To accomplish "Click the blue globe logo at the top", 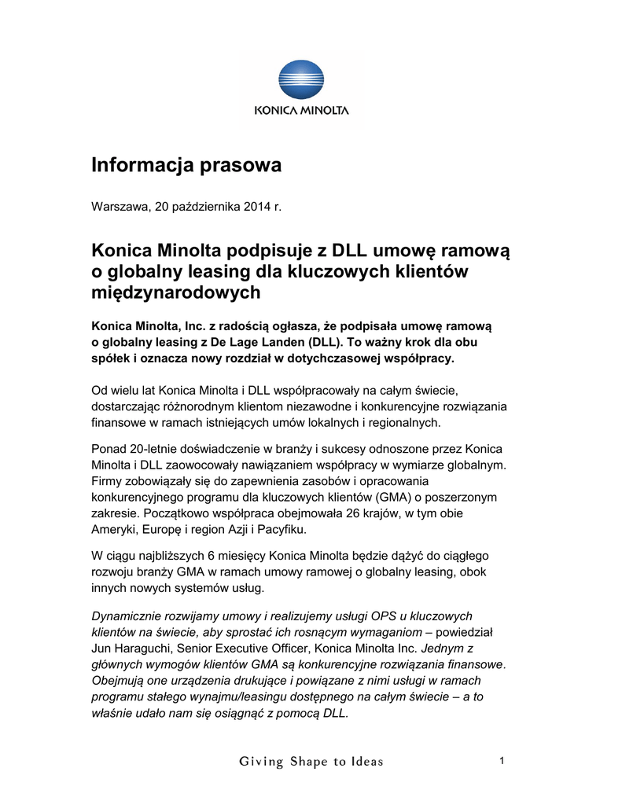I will click(x=301, y=81).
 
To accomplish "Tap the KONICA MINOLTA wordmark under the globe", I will click(x=301, y=112).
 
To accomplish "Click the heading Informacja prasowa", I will click(x=186, y=165).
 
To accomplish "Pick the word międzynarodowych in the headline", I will click(x=175, y=292).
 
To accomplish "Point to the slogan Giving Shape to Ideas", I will click(x=311, y=761).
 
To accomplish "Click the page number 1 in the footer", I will click(x=501, y=760).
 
